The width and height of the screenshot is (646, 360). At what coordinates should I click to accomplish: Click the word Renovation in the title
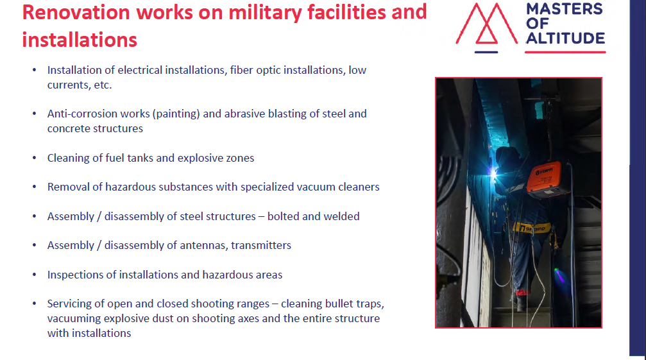[76, 12]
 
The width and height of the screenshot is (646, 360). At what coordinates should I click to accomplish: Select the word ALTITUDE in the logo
[565, 39]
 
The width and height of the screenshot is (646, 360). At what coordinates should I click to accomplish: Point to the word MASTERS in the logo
[565, 8]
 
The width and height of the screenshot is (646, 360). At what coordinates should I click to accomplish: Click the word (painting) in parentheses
[176, 114]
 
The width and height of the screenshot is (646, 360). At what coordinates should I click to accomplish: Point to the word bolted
[283, 216]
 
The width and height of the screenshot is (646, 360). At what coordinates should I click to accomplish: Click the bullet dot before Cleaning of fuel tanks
[35, 158]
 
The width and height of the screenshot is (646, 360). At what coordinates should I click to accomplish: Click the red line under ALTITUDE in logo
[565, 53]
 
